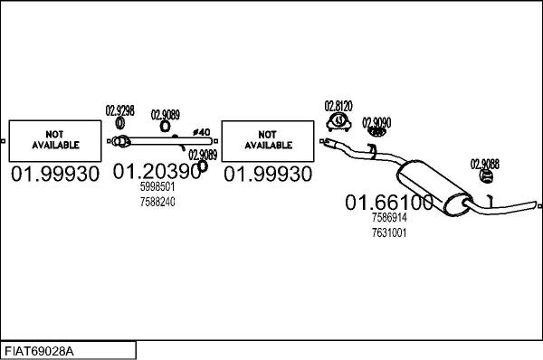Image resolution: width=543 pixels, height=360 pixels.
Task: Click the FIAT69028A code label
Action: coord(39,351)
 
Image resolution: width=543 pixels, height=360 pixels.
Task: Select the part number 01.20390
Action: coord(157,171)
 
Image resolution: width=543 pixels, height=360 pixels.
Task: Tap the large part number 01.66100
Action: coord(389,202)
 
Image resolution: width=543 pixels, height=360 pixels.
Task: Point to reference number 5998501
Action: coord(157,187)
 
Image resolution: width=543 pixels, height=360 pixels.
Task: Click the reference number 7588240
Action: coord(157,202)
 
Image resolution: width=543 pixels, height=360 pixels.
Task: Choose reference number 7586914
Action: coord(389,217)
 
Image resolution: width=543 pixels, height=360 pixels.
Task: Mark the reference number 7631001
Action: coord(389,232)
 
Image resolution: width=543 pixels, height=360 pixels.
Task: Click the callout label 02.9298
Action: coord(119,110)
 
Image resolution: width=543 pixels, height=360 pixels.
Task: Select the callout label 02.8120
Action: coord(338,106)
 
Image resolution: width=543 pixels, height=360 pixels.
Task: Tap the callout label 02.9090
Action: coord(376,122)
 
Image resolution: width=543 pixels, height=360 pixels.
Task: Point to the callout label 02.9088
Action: coord(484,164)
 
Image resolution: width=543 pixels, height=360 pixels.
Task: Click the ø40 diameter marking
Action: coord(202,132)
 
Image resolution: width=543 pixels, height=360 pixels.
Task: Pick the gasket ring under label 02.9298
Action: coord(119,123)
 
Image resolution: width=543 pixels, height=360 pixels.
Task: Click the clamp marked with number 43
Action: coord(338,121)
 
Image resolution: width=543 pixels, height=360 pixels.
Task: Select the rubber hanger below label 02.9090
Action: coord(376,132)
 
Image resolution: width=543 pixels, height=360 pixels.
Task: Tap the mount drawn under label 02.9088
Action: coord(486,176)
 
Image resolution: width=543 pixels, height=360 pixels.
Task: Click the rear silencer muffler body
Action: coord(433,187)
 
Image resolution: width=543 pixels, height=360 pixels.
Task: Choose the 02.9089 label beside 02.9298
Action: coord(166,115)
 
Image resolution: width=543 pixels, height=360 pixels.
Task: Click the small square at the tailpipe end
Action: coord(539,206)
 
